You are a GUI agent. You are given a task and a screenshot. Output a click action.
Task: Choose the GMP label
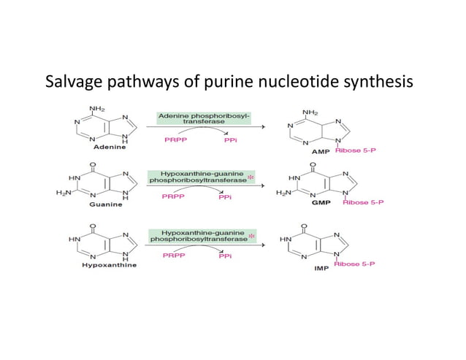tap(321, 202)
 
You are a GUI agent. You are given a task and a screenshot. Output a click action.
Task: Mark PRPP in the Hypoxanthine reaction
tap(175, 256)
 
